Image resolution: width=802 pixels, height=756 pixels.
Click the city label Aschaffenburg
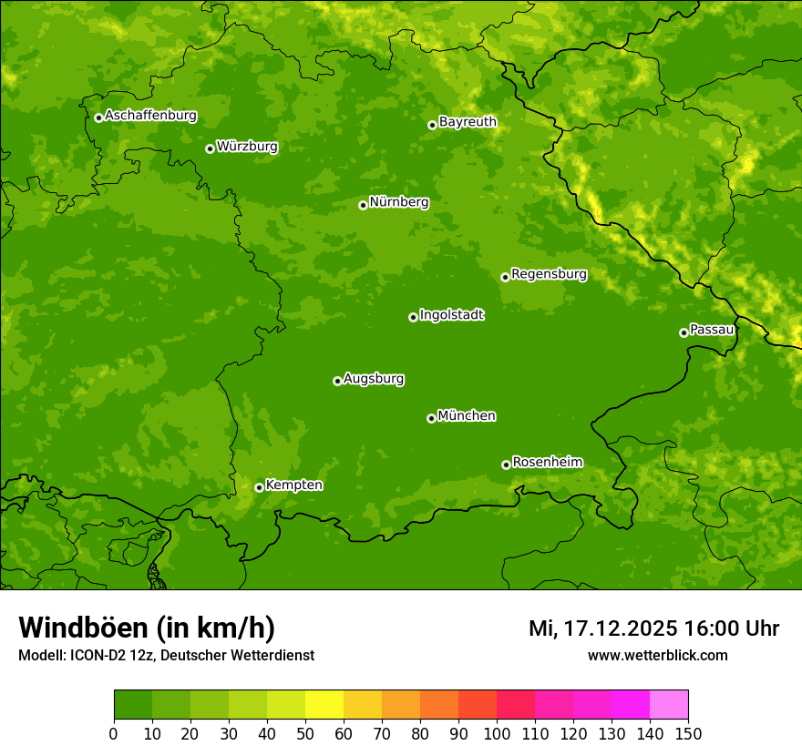[x=150, y=116]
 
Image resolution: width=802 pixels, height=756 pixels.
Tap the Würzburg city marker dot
[x=210, y=148]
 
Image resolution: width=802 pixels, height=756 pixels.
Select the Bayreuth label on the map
[x=468, y=122]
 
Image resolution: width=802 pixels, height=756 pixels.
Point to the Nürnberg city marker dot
[x=363, y=205]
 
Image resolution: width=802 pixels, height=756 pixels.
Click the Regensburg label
[x=549, y=274]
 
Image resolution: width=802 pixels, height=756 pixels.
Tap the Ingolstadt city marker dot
[x=413, y=317]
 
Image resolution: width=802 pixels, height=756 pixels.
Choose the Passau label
[x=712, y=330]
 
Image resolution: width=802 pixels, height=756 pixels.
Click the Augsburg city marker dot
[x=337, y=381]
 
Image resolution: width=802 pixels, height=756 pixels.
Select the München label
[x=467, y=416]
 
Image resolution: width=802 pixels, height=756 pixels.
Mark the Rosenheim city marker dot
[x=506, y=465]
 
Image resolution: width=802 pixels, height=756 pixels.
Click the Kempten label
[x=293, y=485]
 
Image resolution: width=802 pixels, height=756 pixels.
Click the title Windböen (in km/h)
[x=146, y=628]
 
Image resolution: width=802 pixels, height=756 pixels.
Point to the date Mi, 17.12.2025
[x=602, y=628]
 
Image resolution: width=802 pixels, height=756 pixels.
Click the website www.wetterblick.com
[x=657, y=656]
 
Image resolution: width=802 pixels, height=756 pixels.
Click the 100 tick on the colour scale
[x=497, y=733]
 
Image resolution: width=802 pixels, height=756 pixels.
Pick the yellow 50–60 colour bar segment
[x=324, y=705]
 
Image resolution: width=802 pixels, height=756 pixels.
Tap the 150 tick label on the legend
[x=688, y=733]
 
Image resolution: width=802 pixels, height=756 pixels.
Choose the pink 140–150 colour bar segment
[x=669, y=705]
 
